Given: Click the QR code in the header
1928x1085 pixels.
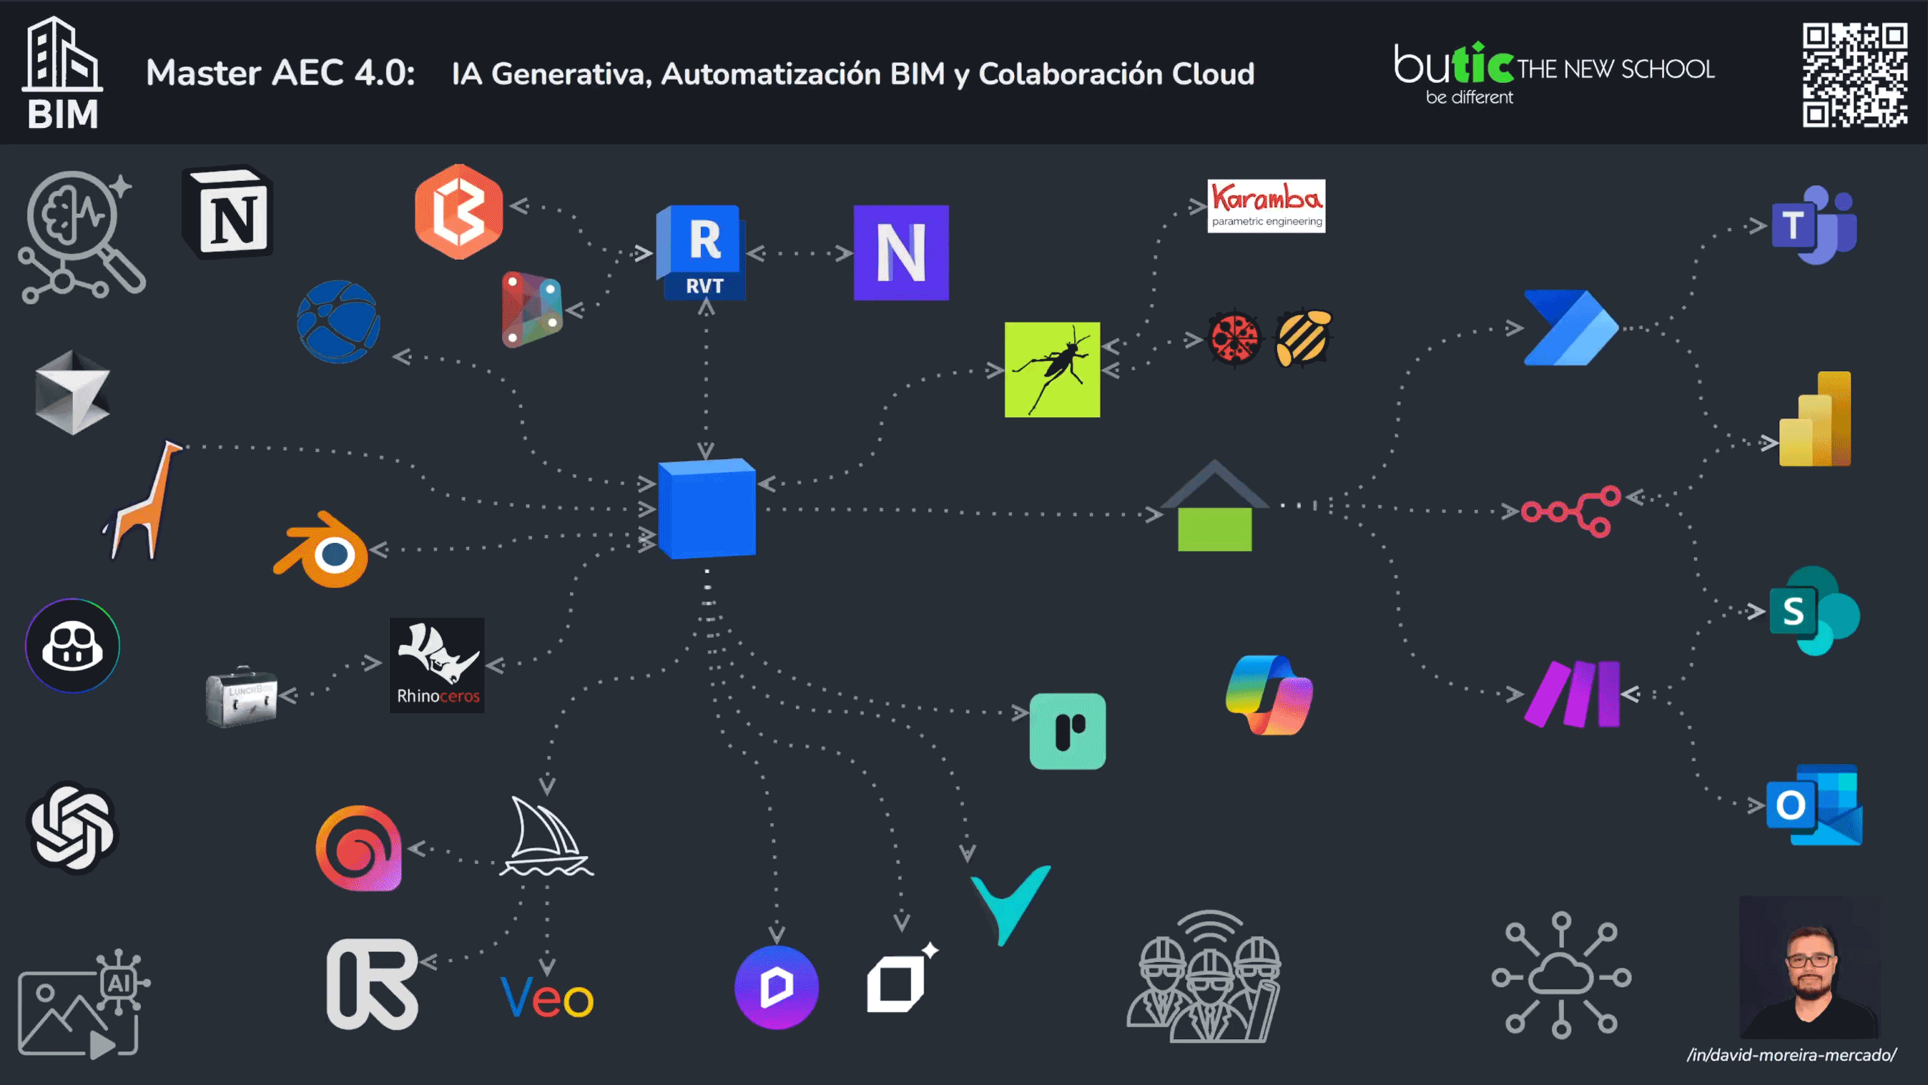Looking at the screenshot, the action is [x=1854, y=75].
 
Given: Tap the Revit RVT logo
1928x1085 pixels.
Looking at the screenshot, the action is [x=701, y=252].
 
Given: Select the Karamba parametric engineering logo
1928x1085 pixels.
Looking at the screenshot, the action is [x=1267, y=206].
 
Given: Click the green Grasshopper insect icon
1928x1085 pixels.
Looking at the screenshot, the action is [x=1052, y=369].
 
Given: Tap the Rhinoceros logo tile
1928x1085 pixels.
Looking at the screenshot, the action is [x=437, y=665].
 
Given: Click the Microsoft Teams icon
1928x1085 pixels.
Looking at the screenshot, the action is [x=1814, y=225].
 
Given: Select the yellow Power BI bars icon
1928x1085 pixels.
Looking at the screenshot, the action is [x=1815, y=419].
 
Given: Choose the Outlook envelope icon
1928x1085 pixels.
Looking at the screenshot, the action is [x=1814, y=805].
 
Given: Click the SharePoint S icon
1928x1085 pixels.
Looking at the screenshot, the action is [x=1814, y=611].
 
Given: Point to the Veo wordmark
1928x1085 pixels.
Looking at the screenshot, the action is [x=547, y=997].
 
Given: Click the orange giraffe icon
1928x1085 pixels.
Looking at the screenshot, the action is [x=144, y=499].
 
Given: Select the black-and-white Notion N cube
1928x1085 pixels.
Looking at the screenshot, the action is [x=228, y=212].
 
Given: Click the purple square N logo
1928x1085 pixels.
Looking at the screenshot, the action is [x=901, y=252].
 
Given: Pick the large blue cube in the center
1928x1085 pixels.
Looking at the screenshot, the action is [x=707, y=509].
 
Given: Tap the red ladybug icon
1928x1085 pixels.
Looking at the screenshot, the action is [x=1234, y=338].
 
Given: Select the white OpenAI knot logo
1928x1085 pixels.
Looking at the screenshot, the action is [x=73, y=828].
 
